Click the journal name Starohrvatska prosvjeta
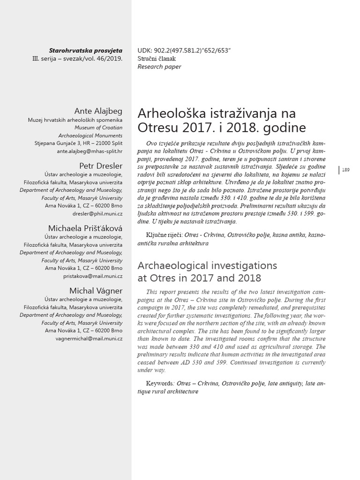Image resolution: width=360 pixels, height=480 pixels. [85, 50]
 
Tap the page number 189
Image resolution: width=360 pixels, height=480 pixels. [346, 170]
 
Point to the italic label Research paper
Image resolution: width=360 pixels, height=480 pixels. [159, 67]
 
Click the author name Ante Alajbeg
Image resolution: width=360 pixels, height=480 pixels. [98, 111]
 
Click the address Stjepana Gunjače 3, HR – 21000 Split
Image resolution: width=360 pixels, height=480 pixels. [78, 143]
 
